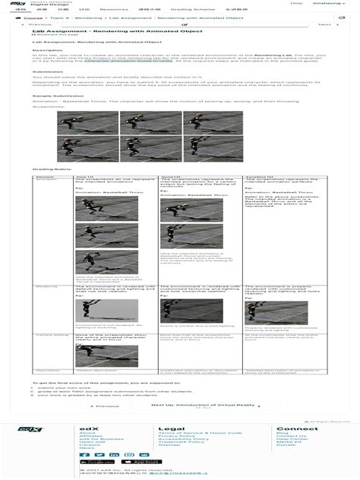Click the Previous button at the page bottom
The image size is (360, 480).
pos(106,406)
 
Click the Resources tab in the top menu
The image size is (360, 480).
pos(114,9)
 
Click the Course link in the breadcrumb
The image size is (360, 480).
pos(32,17)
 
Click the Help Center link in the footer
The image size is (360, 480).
pos(292,439)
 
